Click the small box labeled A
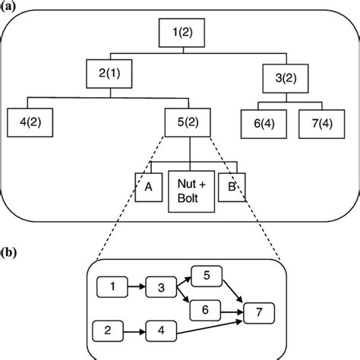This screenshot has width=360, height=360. click(x=148, y=185)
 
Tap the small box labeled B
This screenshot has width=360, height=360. click(x=229, y=185)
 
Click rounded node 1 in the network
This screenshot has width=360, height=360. click(x=115, y=287)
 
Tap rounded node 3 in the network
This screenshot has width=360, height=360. click(x=161, y=289)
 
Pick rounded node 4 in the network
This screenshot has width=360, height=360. click(x=160, y=331)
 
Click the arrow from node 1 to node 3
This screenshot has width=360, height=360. click(x=137, y=288)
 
